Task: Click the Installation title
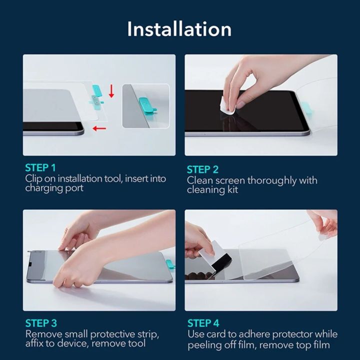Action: [x=179, y=29]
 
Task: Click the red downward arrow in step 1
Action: [x=111, y=90]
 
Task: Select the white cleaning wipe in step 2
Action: [x=226, y=104]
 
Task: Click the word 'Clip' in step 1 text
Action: [x=34, y=178]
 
